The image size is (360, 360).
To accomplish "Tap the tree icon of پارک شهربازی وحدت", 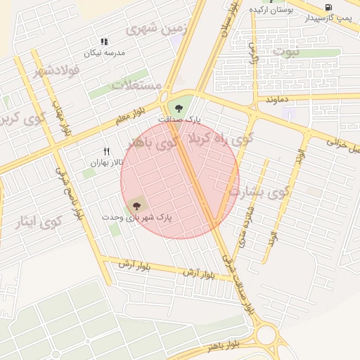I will [x=136, y=206].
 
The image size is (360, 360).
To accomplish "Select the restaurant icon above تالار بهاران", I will [x=107, y=151].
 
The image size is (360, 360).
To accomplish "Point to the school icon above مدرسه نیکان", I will [x=104, y=42].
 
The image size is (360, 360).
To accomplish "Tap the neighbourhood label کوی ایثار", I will [x=39, y=223].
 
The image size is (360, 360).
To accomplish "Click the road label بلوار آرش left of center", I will [x=131, y=264].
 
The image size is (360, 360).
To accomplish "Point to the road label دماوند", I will [x=277, y=101].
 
